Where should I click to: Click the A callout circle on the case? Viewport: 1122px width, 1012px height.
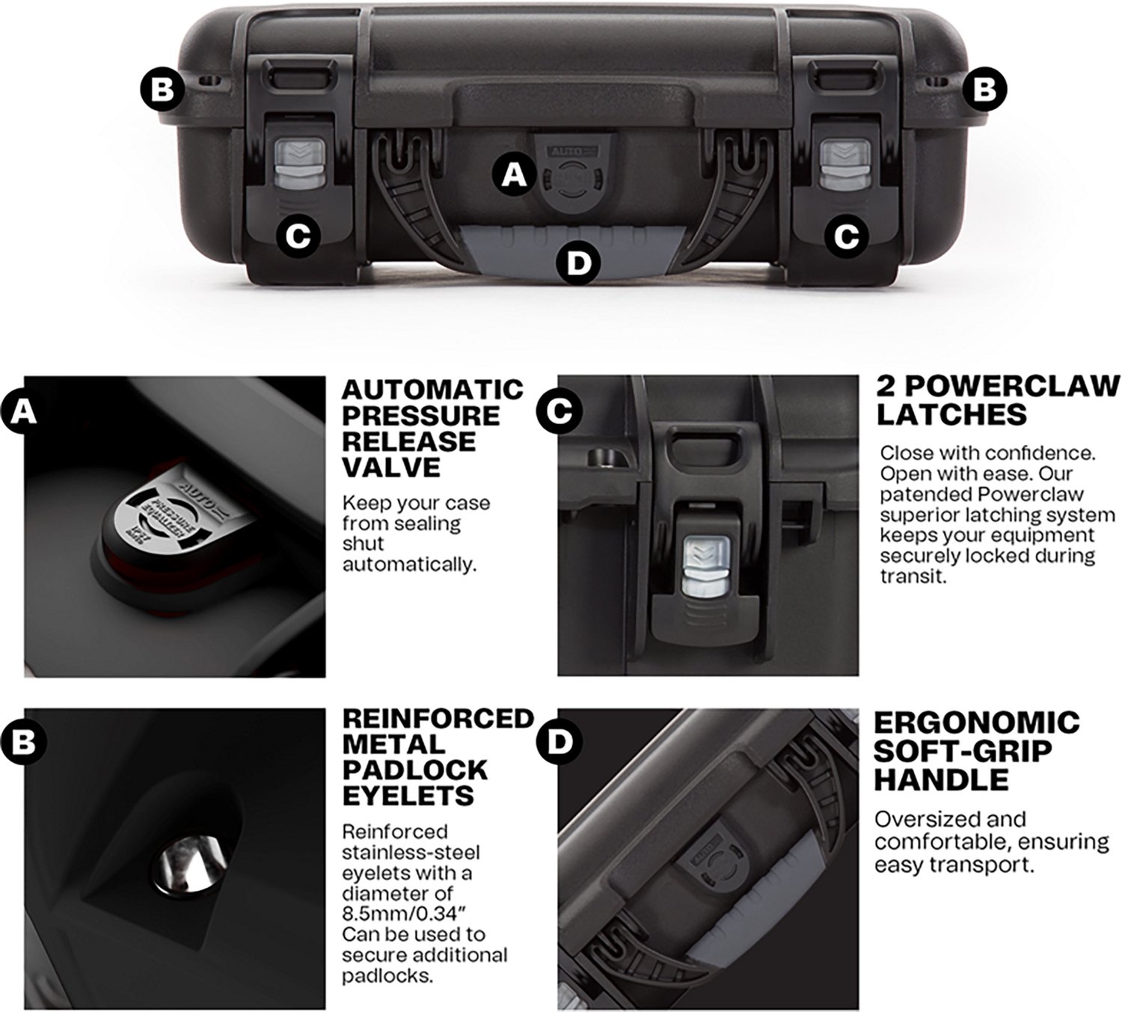point(513,175)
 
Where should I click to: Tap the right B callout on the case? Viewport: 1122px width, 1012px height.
point(984,90)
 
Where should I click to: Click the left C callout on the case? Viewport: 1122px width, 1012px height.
point(298,236)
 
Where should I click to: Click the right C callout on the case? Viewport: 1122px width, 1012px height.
point(846,236)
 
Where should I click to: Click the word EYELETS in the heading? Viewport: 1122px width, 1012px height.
point(408,795)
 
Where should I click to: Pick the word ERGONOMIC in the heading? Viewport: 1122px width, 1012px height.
point(977,723)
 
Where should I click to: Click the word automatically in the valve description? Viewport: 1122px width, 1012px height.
point(409,564)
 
